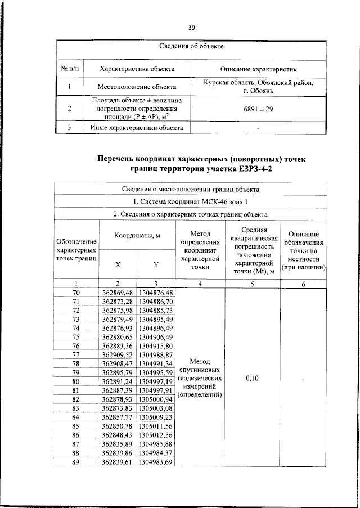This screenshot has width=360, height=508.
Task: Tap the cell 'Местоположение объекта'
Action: click(x=137, y=87)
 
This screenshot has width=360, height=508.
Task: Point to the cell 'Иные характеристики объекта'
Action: click(x=137, y=127)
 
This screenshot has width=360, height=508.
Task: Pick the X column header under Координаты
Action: click(x=118, y=264)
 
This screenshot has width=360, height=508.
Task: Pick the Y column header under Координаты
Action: click(x=156, y=264)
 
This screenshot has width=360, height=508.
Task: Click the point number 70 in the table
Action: click(x=76, y=293)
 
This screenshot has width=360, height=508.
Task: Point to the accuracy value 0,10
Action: click(x=252, y=379)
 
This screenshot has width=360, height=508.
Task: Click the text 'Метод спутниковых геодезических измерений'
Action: click(x=200, y=378)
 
